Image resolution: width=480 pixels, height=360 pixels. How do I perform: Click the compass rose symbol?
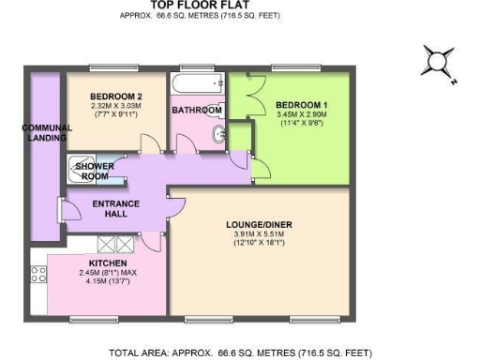(x=437, y=63)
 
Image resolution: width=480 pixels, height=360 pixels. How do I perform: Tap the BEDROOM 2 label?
(x=115, y=97)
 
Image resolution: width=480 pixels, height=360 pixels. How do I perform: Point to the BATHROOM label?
(x=197, y=111)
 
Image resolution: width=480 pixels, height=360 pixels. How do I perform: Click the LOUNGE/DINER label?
(x=254, y=225)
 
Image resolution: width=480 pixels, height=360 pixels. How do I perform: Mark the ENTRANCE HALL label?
(x=116, y=209)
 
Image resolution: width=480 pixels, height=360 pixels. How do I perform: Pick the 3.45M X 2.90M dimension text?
(x=300, y=116)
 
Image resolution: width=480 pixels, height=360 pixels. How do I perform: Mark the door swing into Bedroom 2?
(x=146, y=142)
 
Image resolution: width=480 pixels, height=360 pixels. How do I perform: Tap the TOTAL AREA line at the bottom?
(x=240, y=353)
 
